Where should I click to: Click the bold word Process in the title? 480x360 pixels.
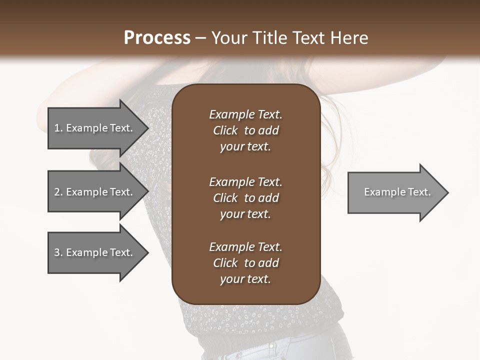(157, 38)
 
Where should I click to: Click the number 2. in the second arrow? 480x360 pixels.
(58, 192)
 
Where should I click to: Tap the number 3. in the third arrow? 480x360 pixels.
(58, 252)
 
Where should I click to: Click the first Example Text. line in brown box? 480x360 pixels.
(245, 114)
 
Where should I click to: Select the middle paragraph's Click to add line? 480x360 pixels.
(245, 198)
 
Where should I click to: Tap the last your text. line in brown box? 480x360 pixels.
(245, 279)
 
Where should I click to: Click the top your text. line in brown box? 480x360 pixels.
(245, 147)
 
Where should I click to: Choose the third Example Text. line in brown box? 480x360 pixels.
(245, 247)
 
